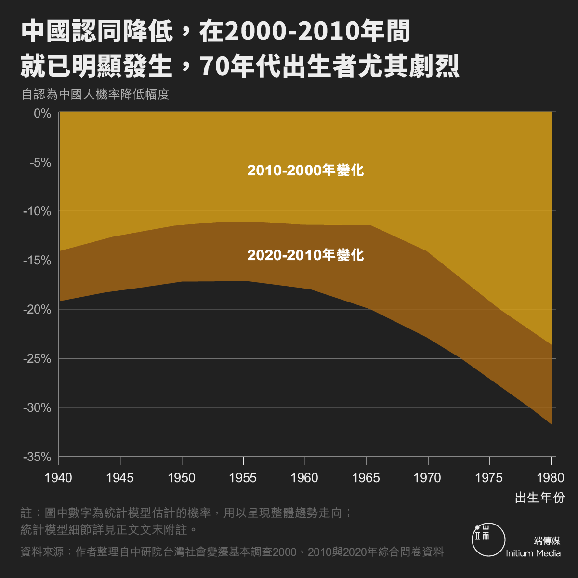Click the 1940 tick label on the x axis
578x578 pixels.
(58, 478)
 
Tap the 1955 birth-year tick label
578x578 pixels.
(243, 478)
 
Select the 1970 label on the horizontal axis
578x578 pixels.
(427, 478)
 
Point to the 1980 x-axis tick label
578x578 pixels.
(550, 478)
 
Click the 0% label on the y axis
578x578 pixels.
(42, 113)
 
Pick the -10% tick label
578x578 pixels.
(37, 211)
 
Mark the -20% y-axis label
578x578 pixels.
(37, 309)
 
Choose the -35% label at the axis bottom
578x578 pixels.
(37, 457)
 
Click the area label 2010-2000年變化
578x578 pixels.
(305, 171)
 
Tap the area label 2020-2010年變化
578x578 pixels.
(305, 255)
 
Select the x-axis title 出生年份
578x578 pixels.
(539, 498)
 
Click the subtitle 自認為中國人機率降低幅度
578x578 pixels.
(95, 94)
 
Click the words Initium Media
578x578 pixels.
(533, 553)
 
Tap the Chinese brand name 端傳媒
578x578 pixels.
(547, 540)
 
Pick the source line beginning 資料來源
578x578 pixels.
(232, 552)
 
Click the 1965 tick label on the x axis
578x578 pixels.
(366, 478)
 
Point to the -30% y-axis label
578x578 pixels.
(37, 407)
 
